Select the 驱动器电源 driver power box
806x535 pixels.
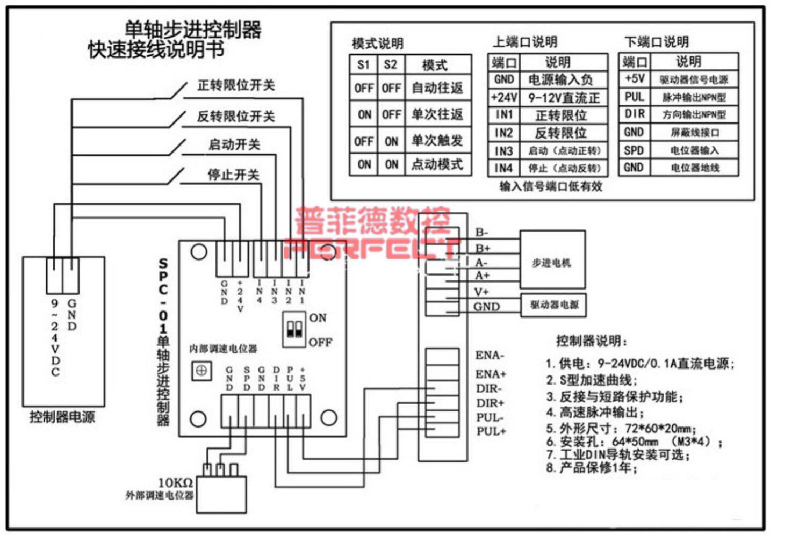click(x=553, y=305)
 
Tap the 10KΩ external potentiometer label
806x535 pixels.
click(x=175, y=482)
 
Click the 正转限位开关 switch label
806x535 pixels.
click(x=236, y=85)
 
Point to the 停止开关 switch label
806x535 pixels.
click(x=233, y=175)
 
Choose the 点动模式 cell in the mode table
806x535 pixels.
click(x=437, y=164)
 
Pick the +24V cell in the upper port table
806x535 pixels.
click(x=503, y=97)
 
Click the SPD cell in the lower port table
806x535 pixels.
click(x=634, y=150)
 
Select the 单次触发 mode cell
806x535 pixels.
click(x=437, y=140)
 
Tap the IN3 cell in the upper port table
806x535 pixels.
click(x=503, y=151)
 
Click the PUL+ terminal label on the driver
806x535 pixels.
click(x=491, y=431)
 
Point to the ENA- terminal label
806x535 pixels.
click(x=490, y=355)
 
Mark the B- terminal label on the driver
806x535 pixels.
click(x=481, y=232)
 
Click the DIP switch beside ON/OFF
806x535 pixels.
click(x=294, y=329)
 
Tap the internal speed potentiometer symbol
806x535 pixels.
click(x=201, y=370)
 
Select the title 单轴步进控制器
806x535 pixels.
click(x=193, y=30)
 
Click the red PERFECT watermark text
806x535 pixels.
click(x=371, y=248)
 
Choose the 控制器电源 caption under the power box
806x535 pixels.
click(x=62, y=417)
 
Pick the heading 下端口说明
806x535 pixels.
click(x=656, y=41)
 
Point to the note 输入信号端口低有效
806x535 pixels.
click(x=550, y=186)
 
